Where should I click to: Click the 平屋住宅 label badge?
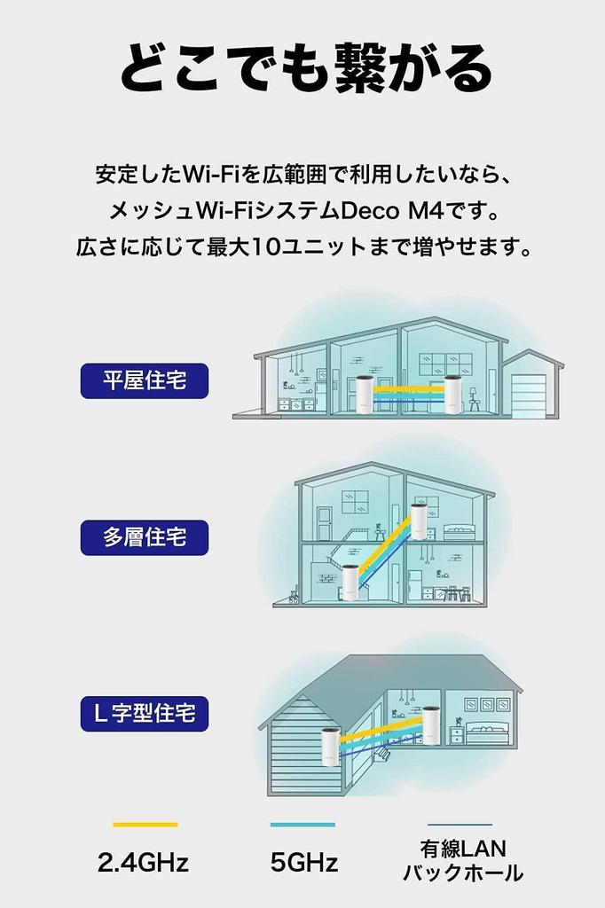tap(145, 381)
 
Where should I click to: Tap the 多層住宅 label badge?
tap(145, 537)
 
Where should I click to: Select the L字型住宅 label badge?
tap(145, 712)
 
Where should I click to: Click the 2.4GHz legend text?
tap(144, 862)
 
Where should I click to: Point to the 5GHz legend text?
tap(303, 862)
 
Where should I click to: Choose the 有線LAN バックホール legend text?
tap(462, 861)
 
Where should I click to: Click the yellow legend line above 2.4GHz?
tap(145, 825)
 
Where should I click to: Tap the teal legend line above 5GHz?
tap(302, 825)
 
